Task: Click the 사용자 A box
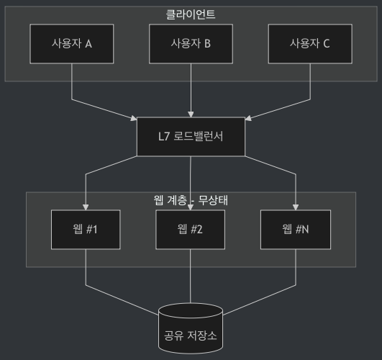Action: [71, 43]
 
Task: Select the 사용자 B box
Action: [191, 43]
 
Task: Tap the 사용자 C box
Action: [309, 43]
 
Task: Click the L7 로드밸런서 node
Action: [191, 136]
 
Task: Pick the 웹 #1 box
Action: [86, 230]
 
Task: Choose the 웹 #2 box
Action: [191, 230]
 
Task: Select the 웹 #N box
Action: [296, 230]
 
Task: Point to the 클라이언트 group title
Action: [191, 14]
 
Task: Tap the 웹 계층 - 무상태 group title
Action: [191, 199]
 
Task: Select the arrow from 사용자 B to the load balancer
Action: [191, 90]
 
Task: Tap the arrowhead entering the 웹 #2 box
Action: [191, 207]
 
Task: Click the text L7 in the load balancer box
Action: [164, 136]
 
